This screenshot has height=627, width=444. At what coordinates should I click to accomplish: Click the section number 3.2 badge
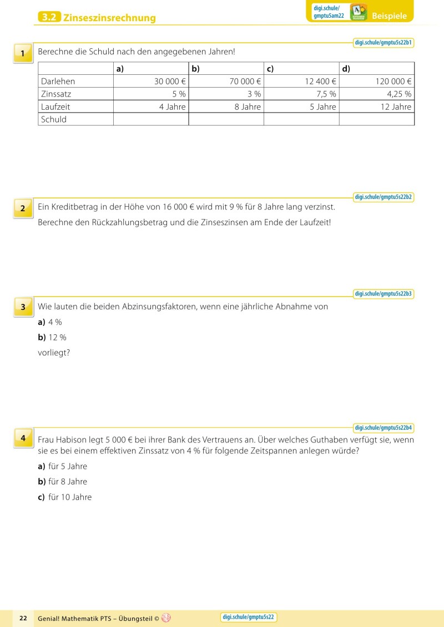pos(49,18)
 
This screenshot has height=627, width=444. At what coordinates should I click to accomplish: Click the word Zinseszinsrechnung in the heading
pos(109,18)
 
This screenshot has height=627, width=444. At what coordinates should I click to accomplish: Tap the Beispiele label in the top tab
pos(389,16)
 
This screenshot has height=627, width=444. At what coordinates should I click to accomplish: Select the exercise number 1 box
pos(23,54)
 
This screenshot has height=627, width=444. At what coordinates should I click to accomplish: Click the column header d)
pos(346,69)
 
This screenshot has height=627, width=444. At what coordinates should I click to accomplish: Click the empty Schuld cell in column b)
pos(226,119)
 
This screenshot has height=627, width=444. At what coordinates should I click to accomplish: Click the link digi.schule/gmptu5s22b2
pos(384,197)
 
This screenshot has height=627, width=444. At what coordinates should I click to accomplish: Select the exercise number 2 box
pos(23,208)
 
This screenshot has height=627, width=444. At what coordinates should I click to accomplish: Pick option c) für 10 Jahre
pos(64,497)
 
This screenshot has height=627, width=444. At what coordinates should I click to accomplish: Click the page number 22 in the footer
pos(23,618)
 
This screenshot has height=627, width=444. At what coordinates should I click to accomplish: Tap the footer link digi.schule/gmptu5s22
pos(249,617)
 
